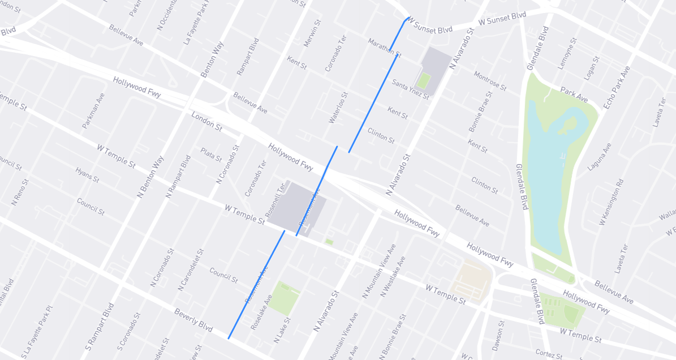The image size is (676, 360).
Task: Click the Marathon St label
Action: pyautogui.click(x=384, y=48)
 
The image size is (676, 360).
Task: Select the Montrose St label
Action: pyautogui.click(x=490, y=80)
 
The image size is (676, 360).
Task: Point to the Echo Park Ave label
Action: pyautogui.click(x=617, y=88)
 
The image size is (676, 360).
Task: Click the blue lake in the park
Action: pyautogui.click(x=546, y=181)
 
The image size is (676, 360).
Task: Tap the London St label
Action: pyautogui.click(x=206, y=121)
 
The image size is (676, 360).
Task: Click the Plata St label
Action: pyautogui.click(x=212, y=154)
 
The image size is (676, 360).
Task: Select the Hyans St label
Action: pyautogui.click(x=87, y=174)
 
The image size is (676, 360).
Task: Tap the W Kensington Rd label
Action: pyautogui.click(x=612, y=202)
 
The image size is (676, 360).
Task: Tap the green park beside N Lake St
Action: pyautogui.click(x=283, y=297)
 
